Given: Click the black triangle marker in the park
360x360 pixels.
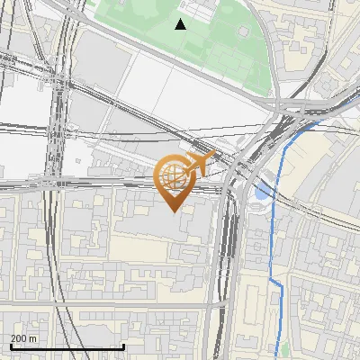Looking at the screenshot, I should (x=181, y=24).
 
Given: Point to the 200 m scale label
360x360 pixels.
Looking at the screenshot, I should (x=22, y=338).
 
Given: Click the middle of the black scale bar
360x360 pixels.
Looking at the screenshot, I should (x=67, y=346).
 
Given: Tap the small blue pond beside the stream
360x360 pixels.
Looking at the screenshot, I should (x=261, y=191).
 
